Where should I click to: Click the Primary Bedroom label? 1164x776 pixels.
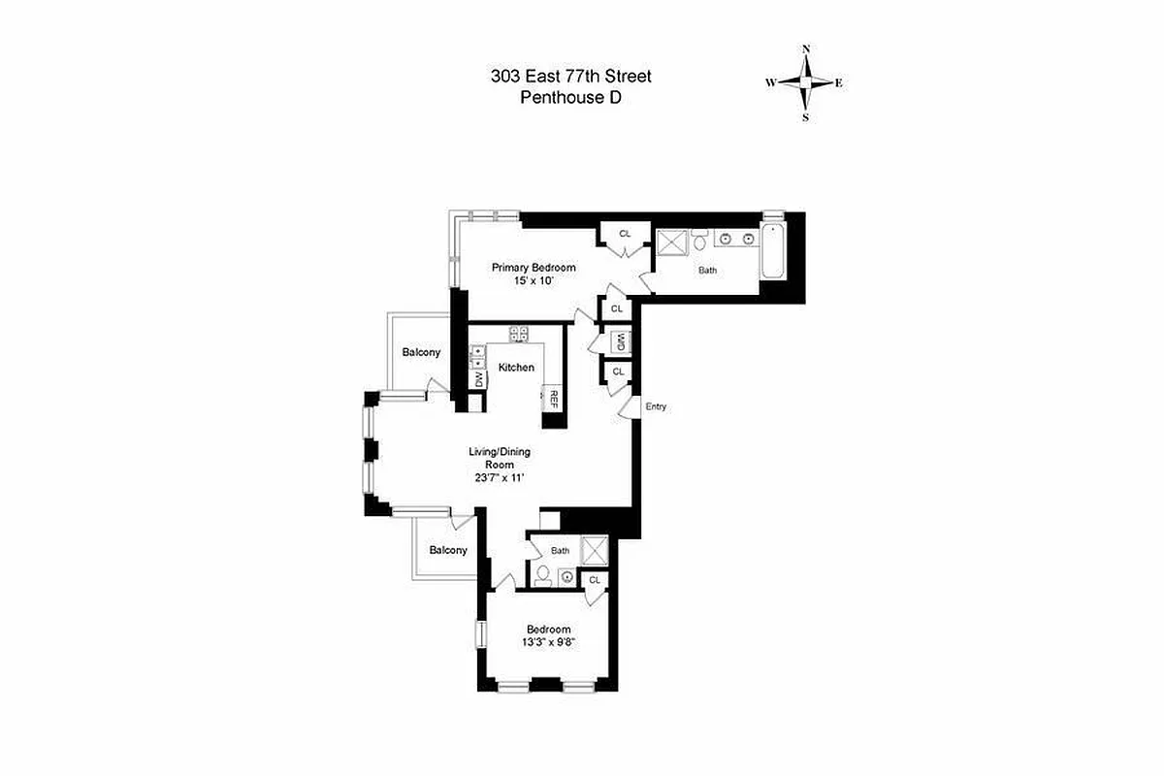point(533,268)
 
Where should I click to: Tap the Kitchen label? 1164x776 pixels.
point(516,368)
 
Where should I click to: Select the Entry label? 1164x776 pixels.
point(656,406)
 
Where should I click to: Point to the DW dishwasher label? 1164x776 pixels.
point(477,378)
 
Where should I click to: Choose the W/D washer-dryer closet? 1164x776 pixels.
point(618,342)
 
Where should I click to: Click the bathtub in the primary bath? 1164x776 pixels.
point(773,251)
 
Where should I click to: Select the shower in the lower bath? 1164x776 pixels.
point(593,549)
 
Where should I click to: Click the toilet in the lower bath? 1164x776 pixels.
point(542,577)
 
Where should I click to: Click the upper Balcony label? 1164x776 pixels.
point(421,352)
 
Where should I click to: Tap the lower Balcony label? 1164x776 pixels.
point(448,550)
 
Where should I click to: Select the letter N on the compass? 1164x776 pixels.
point(806,48)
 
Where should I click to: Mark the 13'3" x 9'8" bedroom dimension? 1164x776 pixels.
point(549,642)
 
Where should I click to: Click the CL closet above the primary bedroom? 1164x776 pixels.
point(625,234)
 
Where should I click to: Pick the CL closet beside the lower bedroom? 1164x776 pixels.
point(595,580)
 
